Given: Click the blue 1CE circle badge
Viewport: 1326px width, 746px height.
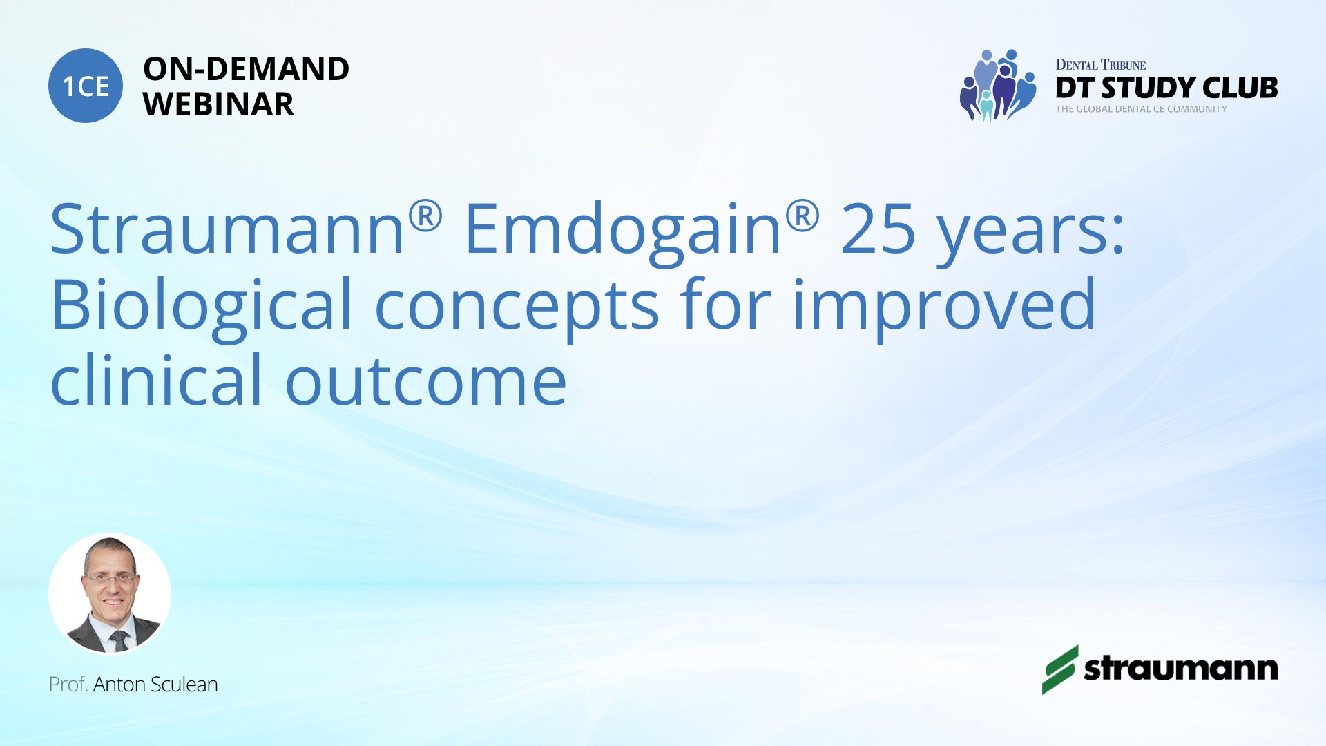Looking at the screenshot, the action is [x=86, y=86].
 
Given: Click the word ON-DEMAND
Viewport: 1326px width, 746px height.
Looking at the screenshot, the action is [x=246, y=69].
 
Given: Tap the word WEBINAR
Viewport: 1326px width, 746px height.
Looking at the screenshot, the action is [x=218, y=104].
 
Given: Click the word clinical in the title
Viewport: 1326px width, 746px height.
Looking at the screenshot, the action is [x=157, y=379].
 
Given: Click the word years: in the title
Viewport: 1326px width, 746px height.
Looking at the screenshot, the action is [x=1030, y=235].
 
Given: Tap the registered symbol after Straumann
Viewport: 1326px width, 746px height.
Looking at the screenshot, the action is [x=425, y=216].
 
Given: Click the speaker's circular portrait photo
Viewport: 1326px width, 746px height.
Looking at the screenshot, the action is [x=110, y=594].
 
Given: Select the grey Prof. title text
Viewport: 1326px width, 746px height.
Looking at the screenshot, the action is [x=68, y=685].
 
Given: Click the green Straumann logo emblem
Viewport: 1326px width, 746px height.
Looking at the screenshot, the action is [x=1059, y=669].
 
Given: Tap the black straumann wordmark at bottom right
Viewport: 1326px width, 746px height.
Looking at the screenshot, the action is [x=1180, y=669].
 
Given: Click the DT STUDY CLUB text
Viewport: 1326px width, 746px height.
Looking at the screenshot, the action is [x=1166, y=88].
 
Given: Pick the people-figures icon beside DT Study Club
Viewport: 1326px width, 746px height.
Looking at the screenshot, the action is [x=997, y=85].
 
